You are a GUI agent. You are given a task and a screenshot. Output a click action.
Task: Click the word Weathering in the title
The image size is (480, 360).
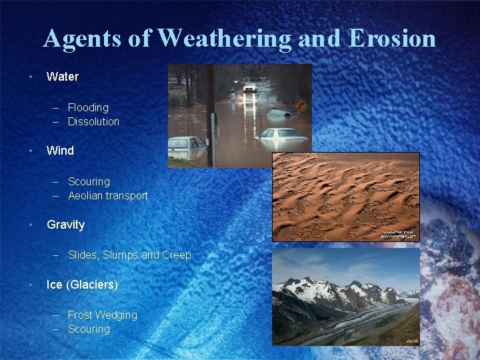click(225, 39)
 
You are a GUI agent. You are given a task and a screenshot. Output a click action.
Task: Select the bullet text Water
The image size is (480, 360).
click(62, 77)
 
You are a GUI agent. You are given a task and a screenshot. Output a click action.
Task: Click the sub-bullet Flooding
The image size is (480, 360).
click(88, 107)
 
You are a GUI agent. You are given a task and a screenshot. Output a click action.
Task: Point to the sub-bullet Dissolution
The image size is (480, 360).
click(93, 121)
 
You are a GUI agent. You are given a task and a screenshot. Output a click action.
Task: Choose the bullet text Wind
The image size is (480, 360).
click(60, 151)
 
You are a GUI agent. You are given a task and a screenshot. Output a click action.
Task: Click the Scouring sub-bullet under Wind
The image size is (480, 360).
click(89, 181)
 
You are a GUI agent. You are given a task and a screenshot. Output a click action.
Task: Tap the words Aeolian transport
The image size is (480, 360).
click(107, 195)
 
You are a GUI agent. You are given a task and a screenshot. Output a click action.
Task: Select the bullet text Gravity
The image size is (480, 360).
click(65, 225)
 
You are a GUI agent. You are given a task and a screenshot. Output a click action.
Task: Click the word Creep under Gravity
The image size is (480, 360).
click(177, 255)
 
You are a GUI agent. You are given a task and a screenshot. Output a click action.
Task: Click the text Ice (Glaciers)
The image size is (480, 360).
click(82, 285)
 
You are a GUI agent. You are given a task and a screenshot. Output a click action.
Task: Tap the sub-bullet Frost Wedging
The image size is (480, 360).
click(102, 315)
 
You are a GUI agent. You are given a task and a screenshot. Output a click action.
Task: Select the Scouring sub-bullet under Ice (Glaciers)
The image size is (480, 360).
click(89, 329)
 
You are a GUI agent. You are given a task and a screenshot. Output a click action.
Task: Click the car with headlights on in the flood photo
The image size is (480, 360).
click(250, 87)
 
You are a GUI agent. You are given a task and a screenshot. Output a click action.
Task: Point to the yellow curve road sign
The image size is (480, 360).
click(301, 105)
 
